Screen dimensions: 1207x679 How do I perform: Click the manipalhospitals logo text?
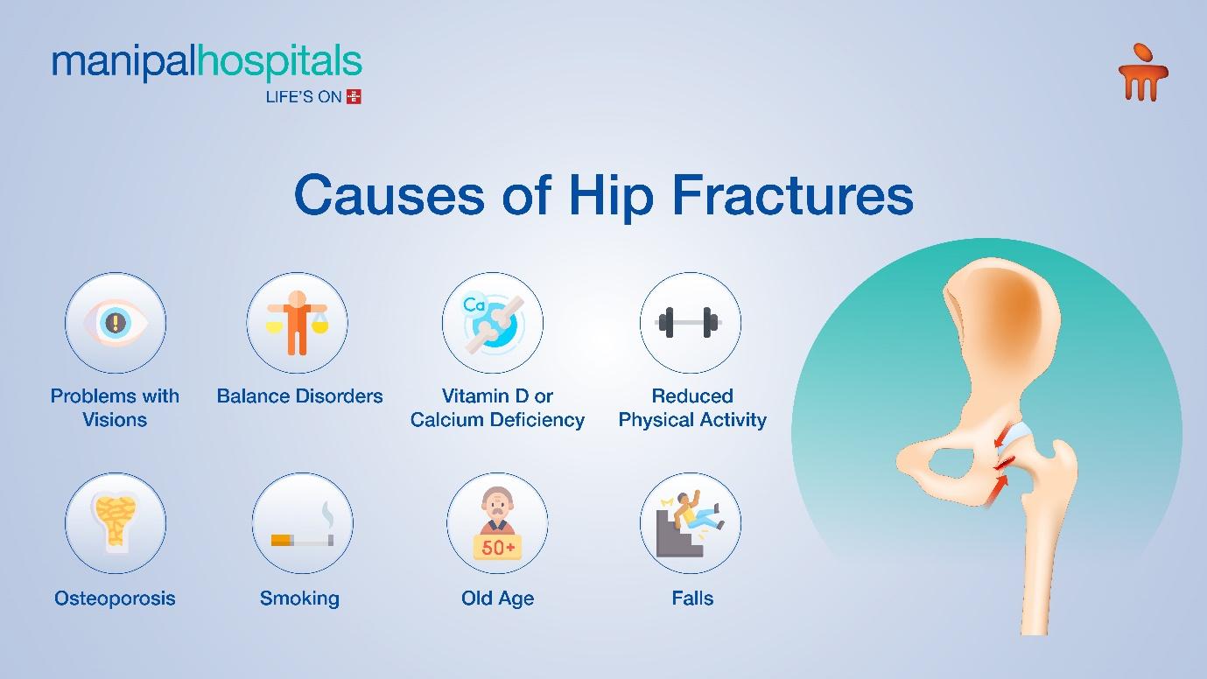207,62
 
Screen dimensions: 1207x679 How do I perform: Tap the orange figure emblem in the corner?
1143,72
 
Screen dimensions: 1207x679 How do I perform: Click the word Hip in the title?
611,195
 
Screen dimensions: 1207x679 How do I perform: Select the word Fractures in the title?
793,195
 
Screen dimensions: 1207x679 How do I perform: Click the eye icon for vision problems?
116,323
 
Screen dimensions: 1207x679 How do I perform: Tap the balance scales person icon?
297,323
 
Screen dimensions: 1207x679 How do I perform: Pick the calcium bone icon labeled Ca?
493,323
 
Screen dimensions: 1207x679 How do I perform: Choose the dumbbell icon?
689,323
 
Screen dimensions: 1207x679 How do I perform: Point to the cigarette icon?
302,530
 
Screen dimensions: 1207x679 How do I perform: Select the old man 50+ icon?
497,523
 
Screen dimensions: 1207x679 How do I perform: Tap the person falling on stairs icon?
691,523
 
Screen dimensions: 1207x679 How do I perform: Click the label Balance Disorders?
299,396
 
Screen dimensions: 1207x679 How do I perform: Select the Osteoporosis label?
115,598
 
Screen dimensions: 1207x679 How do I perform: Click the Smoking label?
299,598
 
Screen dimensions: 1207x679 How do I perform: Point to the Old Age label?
497,598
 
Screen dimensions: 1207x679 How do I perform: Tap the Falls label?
692,598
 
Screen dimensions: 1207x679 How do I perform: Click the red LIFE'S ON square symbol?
354,96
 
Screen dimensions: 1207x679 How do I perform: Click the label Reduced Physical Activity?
692,408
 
